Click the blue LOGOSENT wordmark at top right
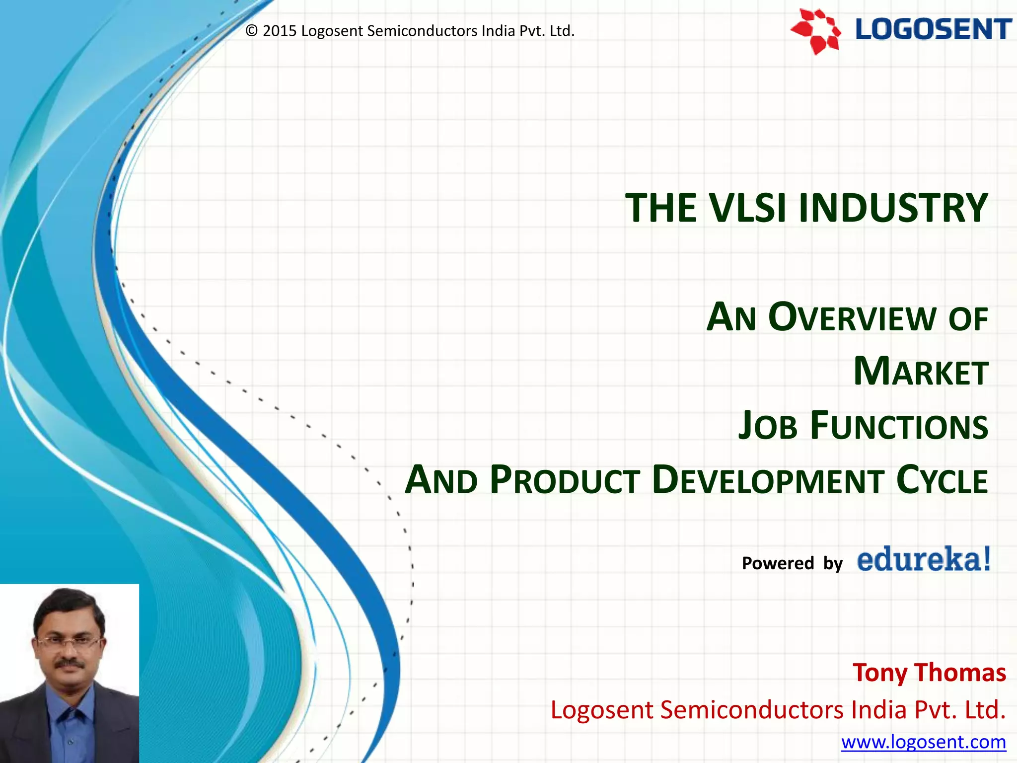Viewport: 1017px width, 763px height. click(x=933, y=29)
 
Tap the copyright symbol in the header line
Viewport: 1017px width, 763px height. click(x=252, y=31)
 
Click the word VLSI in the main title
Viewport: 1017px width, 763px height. click(x=748, y=208)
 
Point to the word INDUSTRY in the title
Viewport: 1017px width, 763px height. click(x=893, y=208)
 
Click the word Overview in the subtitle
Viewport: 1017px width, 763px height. click(x=852, y=317)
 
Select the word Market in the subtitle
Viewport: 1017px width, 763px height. click(x=921, y=372)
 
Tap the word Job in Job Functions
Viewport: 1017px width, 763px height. click(x=767, y=426)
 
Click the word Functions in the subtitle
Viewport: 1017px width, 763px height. click(x=899, y=426)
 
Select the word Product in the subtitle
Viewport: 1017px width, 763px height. click(x=565, y=480)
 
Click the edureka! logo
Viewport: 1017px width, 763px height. click(x=924, y=560)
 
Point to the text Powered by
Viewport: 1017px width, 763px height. click(x=792, y=563)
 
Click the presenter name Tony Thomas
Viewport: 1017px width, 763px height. click(x=929, y=673)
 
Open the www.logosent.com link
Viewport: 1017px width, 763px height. click(x=923, y=742)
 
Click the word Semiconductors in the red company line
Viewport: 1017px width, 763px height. click(x=752, y=709)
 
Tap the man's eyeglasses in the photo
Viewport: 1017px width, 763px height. click(x=69, y=642)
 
